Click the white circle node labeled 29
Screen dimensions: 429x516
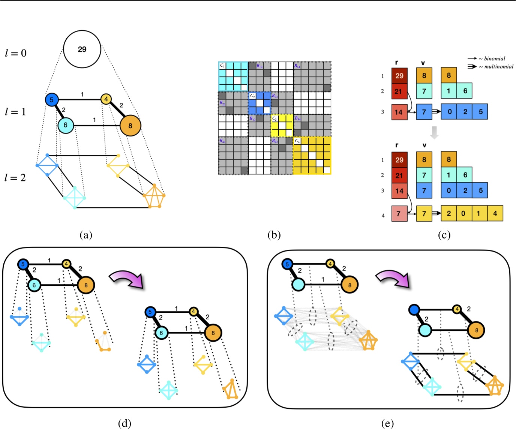(x=82, y=49)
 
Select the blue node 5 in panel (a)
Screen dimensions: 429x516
(x=51, y=100)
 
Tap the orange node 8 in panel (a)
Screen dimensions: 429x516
(x=130, y=126)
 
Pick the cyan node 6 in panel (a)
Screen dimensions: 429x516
(x=65, y=125)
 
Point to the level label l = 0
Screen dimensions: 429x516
(x=16, y=53)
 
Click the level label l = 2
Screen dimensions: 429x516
(x=15, y=178)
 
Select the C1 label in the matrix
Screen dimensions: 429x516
(x=222, y=66)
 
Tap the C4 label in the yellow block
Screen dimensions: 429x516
(x=297, y=141)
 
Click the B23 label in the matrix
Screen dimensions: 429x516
(x=274, y=96)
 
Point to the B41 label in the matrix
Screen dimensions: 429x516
(x=222, y=141)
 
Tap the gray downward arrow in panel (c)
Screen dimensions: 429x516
(x=434, y=132)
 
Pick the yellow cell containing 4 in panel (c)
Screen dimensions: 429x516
(x=495, y=213)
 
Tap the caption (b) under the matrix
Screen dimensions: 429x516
(x=274, y=235)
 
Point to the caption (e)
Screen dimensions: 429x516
(x=387, y=423)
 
